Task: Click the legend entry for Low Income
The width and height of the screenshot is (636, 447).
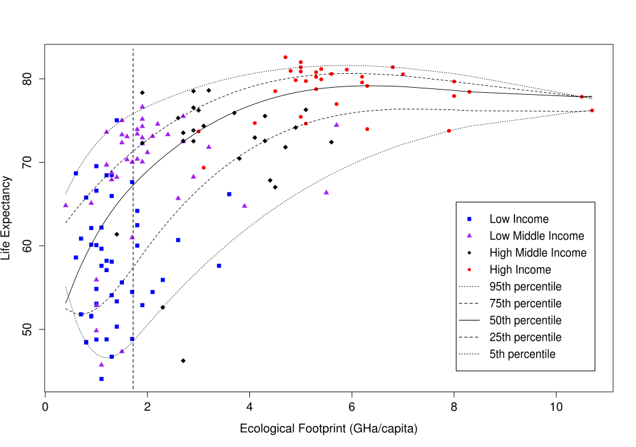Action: pos(518,219)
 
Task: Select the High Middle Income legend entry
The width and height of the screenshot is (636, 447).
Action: pos(537,253)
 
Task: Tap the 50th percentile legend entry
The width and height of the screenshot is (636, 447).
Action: pos(525,320)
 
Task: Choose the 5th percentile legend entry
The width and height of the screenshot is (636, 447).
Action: pos(522,354)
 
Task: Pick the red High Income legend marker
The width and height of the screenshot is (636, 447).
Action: pos(469,270)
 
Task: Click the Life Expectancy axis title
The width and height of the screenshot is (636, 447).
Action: pos(8,218)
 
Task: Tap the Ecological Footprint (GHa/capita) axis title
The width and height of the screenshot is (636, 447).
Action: pos(328,429)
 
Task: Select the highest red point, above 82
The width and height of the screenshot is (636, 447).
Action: pos(286,57)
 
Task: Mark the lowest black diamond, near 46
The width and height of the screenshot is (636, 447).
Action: pos(183,361)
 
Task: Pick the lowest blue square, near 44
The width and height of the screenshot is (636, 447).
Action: pos(101,379)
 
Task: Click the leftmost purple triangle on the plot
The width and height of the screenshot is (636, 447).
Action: pos(66,205)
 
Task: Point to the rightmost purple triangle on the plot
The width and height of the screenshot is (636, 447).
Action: pos(336,125)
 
